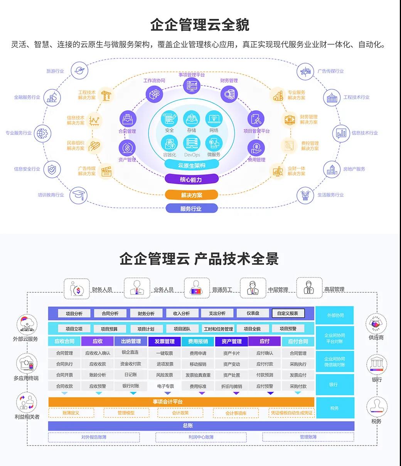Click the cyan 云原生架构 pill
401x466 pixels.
tap(192, 165)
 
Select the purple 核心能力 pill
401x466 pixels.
tap(191, 179)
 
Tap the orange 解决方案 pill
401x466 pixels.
tap(192, 195)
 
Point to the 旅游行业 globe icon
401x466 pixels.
tap(79, 71)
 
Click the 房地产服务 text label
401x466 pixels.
tap(354, 169)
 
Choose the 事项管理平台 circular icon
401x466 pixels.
tap(192, 85)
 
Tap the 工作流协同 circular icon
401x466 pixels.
tap(154, 94)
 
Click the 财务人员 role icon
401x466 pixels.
tap(77, 289)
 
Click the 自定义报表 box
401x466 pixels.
tap(288, 313)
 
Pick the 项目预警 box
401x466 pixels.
tap(288, 329)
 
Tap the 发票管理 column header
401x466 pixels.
tap(165, 341)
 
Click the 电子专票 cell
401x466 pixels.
tap(165, 386)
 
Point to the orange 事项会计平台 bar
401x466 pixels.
tap(181, 402)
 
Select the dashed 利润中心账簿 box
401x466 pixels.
tap(201, 437)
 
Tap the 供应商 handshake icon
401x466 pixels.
tap(376, 324)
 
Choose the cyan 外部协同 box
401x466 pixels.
tap(335, 315)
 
